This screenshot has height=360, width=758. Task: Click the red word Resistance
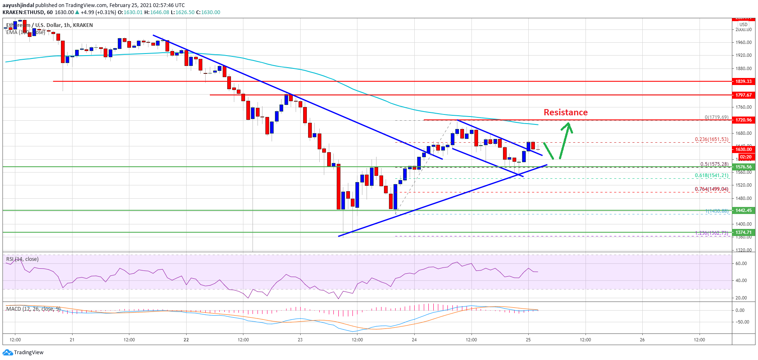pos(566,112)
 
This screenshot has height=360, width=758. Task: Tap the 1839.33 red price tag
pos(743,81)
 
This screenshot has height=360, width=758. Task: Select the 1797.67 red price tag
pos(743,95)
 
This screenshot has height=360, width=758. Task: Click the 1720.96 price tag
pos(743,120)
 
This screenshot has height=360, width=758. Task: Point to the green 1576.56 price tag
pos(743,167)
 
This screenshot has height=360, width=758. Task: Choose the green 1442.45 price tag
pos(743,210)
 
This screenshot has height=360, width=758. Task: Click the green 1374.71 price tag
pos(743,232)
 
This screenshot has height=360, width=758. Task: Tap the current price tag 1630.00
pos(743,149)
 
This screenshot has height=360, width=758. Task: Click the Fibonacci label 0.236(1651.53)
pos(712,139)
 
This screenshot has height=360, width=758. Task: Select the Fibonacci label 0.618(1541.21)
pos(712,175)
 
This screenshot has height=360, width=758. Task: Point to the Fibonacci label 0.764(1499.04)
pos(712,189)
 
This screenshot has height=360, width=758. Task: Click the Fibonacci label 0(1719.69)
pos(716,117)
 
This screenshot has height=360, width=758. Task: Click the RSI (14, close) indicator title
pos(22,259)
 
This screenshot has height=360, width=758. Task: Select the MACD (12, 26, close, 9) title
pos(33,309)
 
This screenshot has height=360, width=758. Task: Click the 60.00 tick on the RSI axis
pos(741,263)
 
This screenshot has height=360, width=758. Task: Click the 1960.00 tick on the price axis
pos(744,42)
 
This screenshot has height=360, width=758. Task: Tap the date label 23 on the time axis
pos(300,340)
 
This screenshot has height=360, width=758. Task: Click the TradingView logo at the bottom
pos(23,353)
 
